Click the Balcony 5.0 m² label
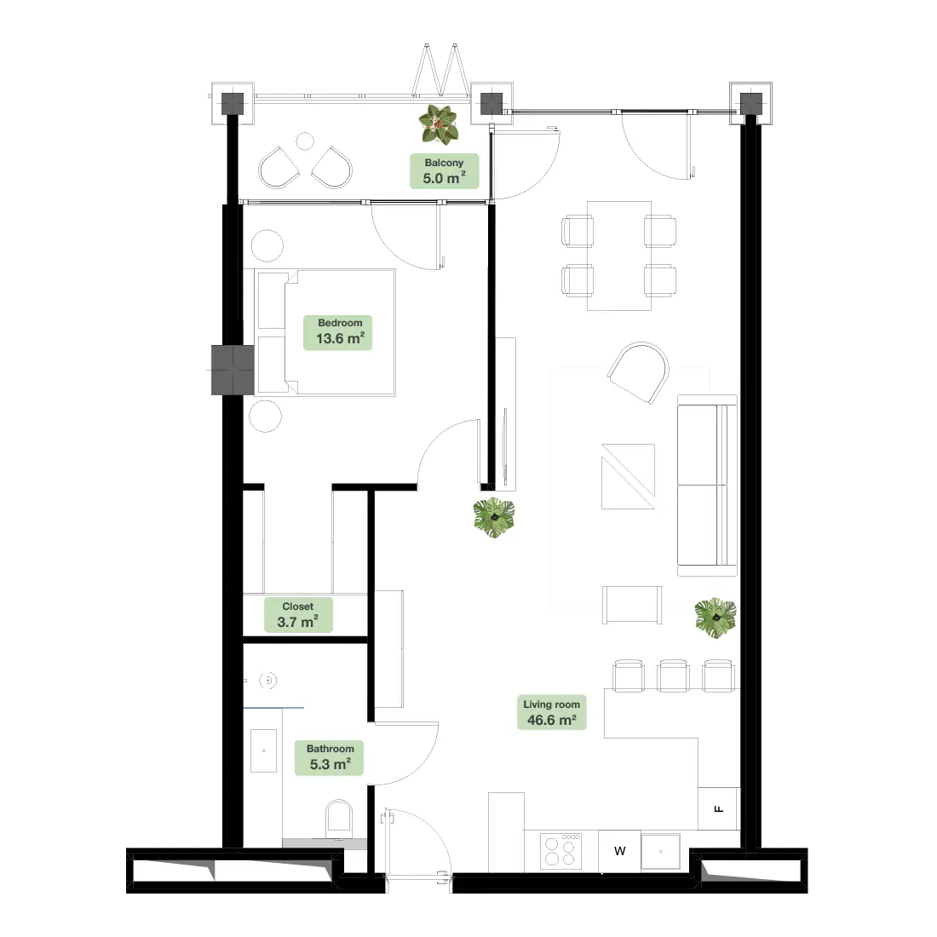coord(444,171)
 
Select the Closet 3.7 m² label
coord(298,615)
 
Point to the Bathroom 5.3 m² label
coord(330,758)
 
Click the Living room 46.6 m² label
coord(552,713)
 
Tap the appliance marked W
coord(619,851)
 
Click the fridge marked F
coord(719,808)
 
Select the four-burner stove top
coord(560,851)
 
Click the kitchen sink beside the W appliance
coord(661,852)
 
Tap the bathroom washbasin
coord(263,750)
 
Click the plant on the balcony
coord(439,124)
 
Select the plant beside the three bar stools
coord(716,618)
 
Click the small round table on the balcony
coord(305,141)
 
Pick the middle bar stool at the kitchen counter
coord(674,675)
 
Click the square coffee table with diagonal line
coord(628,476)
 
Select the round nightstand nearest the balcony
coord(267,245)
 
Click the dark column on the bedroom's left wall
coord(233,370)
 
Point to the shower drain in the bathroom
coord(268,680)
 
